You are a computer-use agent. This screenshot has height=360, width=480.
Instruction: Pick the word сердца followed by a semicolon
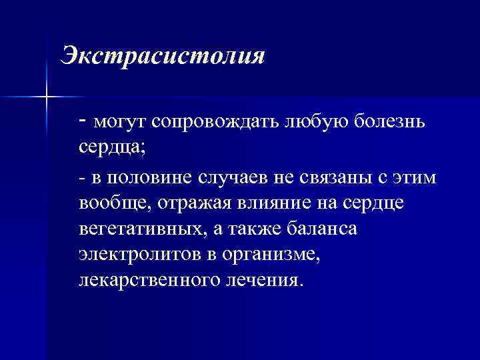pyautogui.click(x=109, y=149)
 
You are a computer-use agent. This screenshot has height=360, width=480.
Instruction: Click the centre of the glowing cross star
pyautogui.click(x=46, y=97)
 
